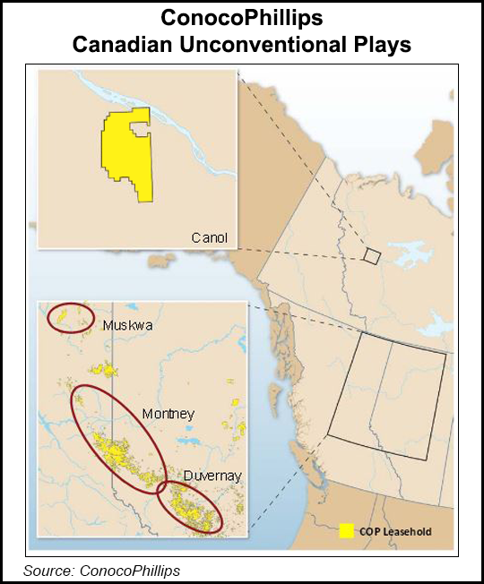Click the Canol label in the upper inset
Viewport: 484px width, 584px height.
point(210,237)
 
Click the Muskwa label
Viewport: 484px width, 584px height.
point(127,325)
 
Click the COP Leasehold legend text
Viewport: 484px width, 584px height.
point(395,532)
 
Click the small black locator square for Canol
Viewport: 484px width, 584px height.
point(371,256)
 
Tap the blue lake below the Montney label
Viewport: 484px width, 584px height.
point(188,441)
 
